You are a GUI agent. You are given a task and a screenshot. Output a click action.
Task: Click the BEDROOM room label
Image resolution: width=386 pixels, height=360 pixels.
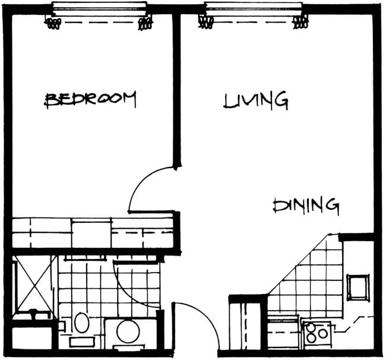(90, 99)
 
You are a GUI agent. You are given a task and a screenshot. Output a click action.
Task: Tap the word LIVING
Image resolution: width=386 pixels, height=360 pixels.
(256, 100)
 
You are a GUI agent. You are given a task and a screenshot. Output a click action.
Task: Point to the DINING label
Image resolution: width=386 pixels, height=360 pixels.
(306, 206)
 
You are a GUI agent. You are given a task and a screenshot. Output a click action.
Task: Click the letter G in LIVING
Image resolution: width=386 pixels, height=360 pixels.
(281, 101)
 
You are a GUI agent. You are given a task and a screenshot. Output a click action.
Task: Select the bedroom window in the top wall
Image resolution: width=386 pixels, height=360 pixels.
(99, 10)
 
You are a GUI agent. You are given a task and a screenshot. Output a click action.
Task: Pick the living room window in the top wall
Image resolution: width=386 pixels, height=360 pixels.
(254, 10)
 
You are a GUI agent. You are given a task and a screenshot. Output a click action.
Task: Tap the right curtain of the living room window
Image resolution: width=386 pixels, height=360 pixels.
(300, 22)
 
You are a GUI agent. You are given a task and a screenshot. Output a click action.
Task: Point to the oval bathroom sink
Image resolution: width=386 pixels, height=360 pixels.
(82, 323)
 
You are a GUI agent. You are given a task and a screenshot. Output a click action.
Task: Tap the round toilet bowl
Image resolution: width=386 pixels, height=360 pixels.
(128, 331)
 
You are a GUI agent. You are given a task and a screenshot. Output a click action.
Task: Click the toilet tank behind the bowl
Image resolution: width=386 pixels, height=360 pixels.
(128, 348)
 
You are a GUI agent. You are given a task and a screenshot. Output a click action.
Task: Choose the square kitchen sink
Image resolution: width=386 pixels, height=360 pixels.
(358, 288)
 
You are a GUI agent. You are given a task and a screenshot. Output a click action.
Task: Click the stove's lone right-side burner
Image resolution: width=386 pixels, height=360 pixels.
(322, 334)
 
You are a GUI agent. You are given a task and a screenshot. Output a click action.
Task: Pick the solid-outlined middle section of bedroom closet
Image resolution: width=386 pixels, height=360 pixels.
(91, 234)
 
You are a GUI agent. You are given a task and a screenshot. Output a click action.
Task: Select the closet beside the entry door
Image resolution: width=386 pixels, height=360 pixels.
(245, 324)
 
